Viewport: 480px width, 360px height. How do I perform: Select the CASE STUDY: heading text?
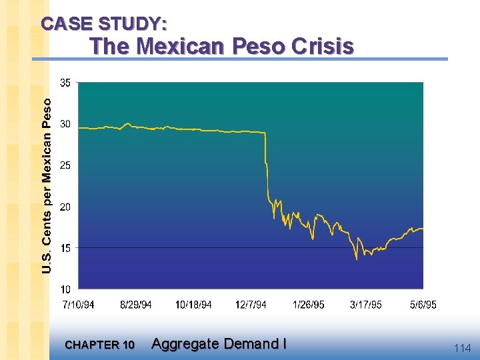[x=104, y=24]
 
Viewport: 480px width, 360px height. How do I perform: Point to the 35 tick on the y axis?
[x=65, y=83]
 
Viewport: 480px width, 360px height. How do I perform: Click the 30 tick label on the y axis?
[x=65, y=124]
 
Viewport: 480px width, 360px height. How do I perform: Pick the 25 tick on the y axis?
[x=65, y=165]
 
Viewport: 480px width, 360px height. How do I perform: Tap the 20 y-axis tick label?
[x=65, y=207]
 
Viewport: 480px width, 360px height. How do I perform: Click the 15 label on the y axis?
[x=65, y=248]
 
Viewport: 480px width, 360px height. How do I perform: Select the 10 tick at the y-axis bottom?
[x=65, y=289]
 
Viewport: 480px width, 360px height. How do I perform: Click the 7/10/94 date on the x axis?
[x=78, y=305]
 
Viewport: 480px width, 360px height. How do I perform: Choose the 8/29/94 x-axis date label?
[x=136, y=305]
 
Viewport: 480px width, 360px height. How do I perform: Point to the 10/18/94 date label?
[x=193, y=305]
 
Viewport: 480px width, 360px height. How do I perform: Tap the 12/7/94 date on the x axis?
[x=251, y=305]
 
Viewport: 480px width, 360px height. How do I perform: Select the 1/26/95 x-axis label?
[x=309, y=305]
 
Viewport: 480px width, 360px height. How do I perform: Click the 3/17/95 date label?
[x=366, y=305]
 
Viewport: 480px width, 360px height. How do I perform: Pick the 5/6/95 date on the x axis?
[x=423, y=305]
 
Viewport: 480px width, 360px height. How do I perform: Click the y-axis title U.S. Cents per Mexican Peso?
[x=47, y=185]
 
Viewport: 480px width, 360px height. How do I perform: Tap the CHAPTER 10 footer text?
[x=100, y=345]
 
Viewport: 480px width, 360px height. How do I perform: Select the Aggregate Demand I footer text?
[x=219, y=344]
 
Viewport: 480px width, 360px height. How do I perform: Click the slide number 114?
[x=462, y=348]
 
